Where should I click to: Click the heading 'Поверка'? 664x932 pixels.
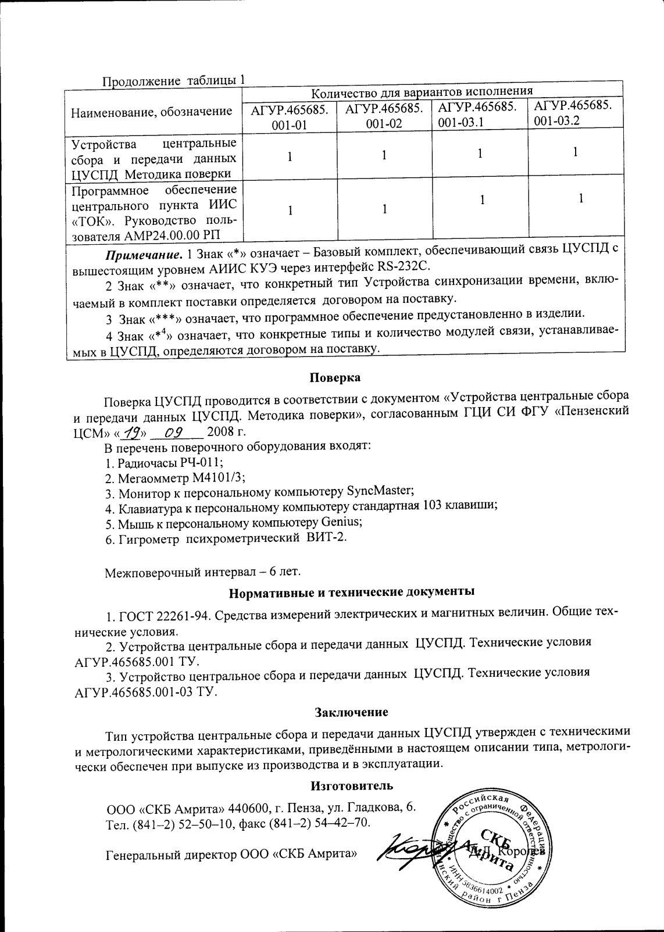pos(334,378)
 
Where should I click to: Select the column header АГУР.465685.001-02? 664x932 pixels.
pos(384,116)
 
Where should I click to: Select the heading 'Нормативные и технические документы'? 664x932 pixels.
pos(351,592)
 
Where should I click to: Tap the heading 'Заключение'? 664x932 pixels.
pos(351,712)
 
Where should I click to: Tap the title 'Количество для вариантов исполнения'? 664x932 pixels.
pos(423,92)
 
